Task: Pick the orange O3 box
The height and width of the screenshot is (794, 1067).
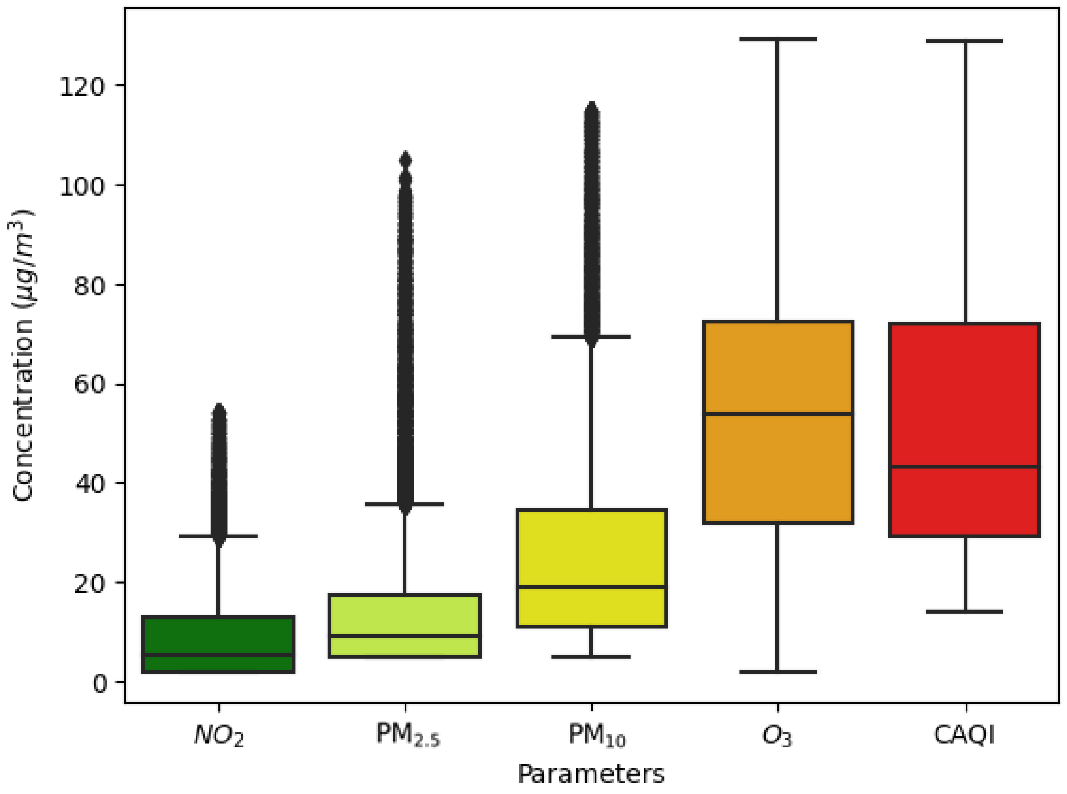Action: (x=778, y=461)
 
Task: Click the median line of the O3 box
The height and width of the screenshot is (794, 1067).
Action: (x=778, y=414)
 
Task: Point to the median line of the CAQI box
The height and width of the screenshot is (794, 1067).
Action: (x=964, y=467)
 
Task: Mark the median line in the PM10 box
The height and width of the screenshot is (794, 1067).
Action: (x=591, y=587)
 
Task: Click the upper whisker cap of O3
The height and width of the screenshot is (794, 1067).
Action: (x=778, y=39)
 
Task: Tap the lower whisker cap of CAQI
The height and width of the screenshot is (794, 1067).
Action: (x=964, y=612)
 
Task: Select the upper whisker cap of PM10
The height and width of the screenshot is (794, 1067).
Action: (x=591, y=336)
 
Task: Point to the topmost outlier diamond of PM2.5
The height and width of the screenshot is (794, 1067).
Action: (x=405, y=160)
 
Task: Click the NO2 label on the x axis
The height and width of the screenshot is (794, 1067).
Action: (x=219, y=735)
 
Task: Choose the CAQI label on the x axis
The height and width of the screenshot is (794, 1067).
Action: (x=964, y=734)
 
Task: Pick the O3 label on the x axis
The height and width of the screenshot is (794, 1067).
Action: (x=777, y=735)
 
